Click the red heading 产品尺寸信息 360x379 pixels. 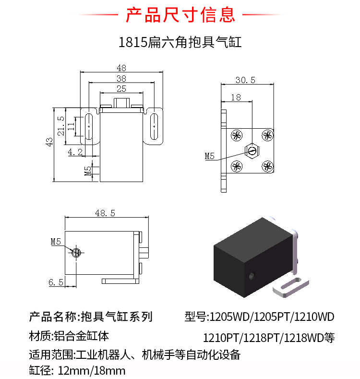(180, 15)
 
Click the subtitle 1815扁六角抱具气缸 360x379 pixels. (180, 42)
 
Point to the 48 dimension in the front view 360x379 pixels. (121, 68)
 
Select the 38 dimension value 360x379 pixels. (121, 78)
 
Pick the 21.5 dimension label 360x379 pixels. (60, 126)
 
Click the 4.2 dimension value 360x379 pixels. (75, 152)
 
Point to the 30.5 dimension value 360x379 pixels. (245, 79)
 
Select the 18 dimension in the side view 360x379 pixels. (236, 97)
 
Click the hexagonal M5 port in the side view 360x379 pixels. (252, 150)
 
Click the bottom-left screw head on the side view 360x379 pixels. (236, 167)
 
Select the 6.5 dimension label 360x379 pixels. (56, 282)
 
